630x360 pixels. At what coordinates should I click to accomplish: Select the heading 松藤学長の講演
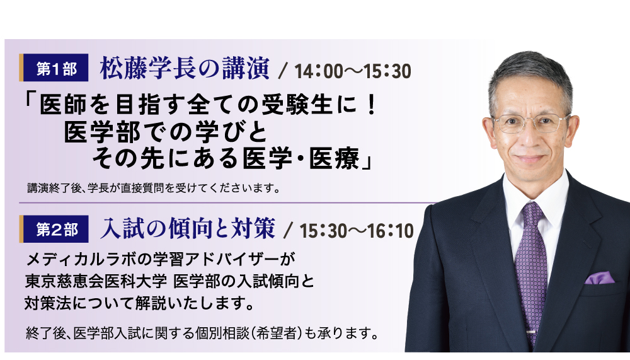[185, 68]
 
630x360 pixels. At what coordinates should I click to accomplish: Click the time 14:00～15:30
[353, 71]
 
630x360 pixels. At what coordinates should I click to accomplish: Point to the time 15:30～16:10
[357, 231]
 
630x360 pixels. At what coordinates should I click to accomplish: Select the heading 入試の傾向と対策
[188, 228]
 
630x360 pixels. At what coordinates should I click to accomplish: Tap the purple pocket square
[600, 278]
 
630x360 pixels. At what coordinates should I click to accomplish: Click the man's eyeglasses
[530, 123]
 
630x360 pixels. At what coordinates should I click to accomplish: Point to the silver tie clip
[530, 332]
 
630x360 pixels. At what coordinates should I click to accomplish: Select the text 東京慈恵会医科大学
[96, 282]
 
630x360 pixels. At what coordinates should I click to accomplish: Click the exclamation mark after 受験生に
[371, 105]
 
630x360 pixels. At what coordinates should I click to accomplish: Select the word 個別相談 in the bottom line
[222, 333]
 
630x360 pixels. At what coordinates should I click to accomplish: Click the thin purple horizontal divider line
[227, 203]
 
